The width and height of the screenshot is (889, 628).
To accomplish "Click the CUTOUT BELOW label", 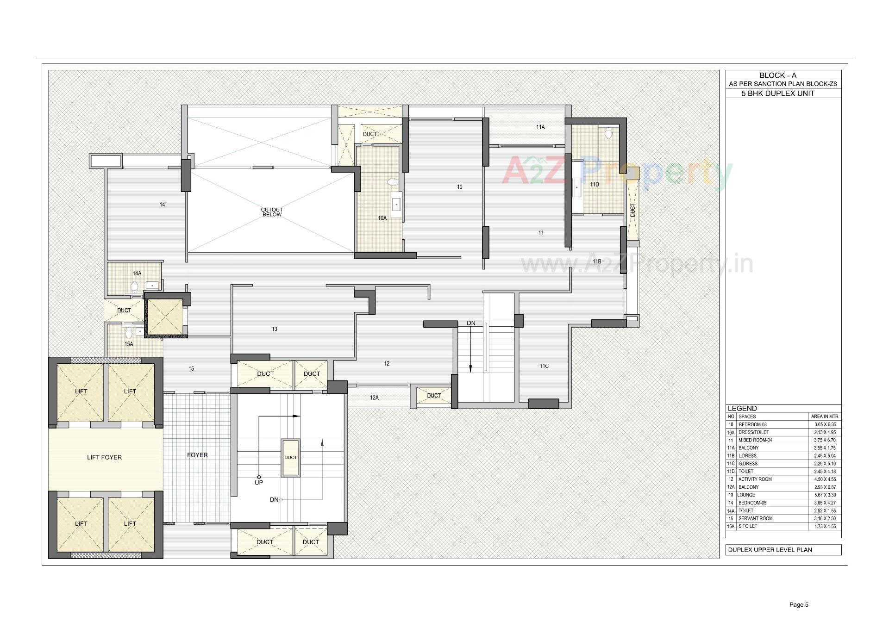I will click(272, 212).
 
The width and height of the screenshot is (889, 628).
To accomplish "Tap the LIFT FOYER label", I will click(104, 457).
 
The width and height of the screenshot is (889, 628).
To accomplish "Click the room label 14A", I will click(137, 274).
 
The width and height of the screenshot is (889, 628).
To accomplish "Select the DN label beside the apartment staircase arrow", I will click(471, 323).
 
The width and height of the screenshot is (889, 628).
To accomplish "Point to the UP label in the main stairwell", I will click(259, 482).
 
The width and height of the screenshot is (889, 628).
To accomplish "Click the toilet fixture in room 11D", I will click(608, 134).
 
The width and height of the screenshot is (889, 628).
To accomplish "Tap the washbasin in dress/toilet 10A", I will click(396, 204).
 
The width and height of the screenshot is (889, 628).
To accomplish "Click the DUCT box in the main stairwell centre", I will click(290, 457).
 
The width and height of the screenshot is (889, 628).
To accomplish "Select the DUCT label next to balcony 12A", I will click(434, 396).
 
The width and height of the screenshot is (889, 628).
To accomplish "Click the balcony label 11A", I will click(540, 127).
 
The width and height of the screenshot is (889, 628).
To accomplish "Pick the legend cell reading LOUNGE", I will click(747, 495).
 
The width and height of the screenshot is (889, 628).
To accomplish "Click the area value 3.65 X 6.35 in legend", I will click(825, 424).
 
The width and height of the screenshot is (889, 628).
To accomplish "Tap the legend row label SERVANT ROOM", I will click(755, 518).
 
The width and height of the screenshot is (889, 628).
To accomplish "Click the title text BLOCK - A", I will click(778, 75).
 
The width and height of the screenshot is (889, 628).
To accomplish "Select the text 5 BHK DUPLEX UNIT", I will click(770, 93).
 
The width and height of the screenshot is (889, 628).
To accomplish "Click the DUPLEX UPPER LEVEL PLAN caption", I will click(770, 550).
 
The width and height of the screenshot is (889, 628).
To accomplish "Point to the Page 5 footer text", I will click(799, 604).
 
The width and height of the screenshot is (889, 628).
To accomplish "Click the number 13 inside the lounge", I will click(275, 329).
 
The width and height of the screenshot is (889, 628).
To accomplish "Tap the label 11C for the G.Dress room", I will click(544, 366).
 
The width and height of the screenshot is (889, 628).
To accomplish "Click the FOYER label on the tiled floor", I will click(197, 455).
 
